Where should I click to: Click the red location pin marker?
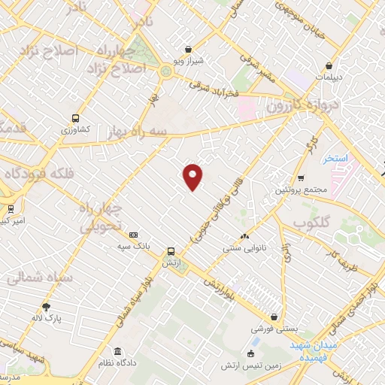193,176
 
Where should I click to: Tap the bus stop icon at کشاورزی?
74,117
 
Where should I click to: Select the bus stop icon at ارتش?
171,252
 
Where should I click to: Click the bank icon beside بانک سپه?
134,234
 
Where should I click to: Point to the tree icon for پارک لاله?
47,306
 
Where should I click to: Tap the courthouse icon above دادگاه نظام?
117,351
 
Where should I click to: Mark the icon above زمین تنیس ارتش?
251,353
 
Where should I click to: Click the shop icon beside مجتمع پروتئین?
301,178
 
